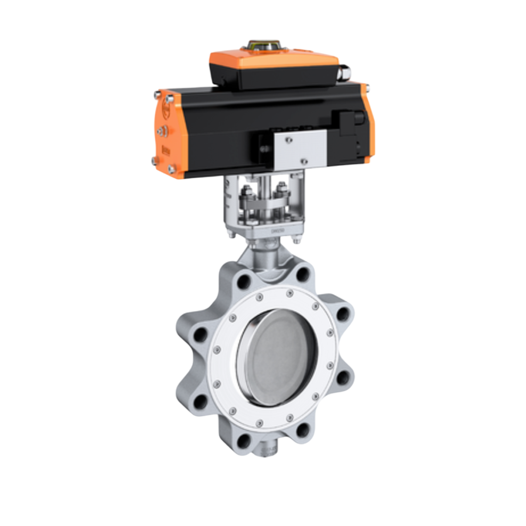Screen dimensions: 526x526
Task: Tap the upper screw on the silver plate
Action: click(289, 140)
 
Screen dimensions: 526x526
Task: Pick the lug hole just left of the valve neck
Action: click(243, 281)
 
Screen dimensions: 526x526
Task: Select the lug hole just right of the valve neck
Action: click(303, 275)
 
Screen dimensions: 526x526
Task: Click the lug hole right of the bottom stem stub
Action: click(303, 430)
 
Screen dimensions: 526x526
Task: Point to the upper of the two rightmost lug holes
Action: click(343, 314)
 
